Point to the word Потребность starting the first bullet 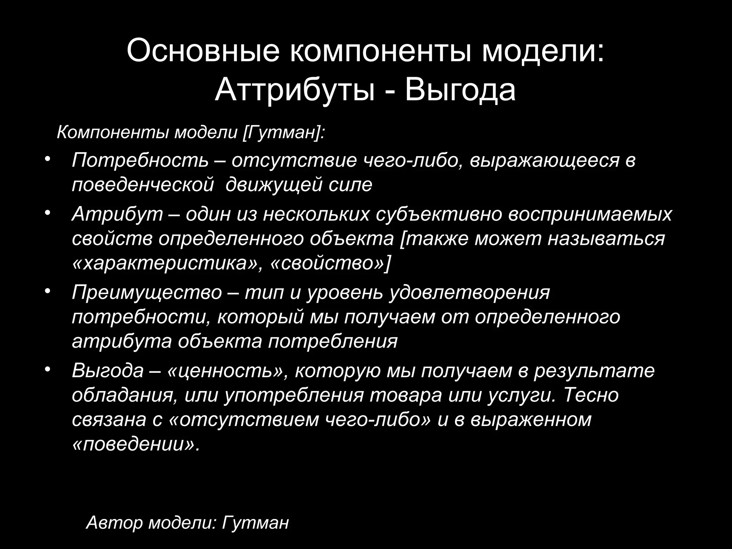pos(140,160)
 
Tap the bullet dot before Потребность pos(48,159)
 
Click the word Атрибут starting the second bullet pos(117,214)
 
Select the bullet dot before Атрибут pos(48,212)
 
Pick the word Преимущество pos(147,292)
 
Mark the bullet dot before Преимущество pos(48,291)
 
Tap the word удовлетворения pos(469,292)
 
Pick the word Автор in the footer pos(114,523)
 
